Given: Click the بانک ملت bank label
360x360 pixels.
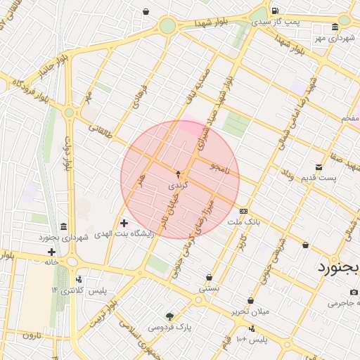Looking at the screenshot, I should pos(244,221).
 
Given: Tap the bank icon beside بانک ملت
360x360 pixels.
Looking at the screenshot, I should pos(244,211).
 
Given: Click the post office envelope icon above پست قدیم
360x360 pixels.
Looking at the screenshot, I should pos(319,167).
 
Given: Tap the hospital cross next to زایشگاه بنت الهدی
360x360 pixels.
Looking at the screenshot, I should pos(124,223).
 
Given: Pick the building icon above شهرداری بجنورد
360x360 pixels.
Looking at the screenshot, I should pos(64,226).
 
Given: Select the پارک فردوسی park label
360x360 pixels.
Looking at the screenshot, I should pos(169,327).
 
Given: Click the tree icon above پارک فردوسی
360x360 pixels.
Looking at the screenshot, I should pos(169,316).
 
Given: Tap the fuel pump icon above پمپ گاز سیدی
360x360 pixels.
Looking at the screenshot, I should pos(274,11).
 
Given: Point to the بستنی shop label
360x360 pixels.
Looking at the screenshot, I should pos(209,288).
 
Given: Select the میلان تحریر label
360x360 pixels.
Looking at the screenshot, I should pos(250,311).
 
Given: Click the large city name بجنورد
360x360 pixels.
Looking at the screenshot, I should pos(337,267).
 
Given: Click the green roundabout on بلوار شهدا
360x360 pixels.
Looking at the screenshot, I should pos(167,26).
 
